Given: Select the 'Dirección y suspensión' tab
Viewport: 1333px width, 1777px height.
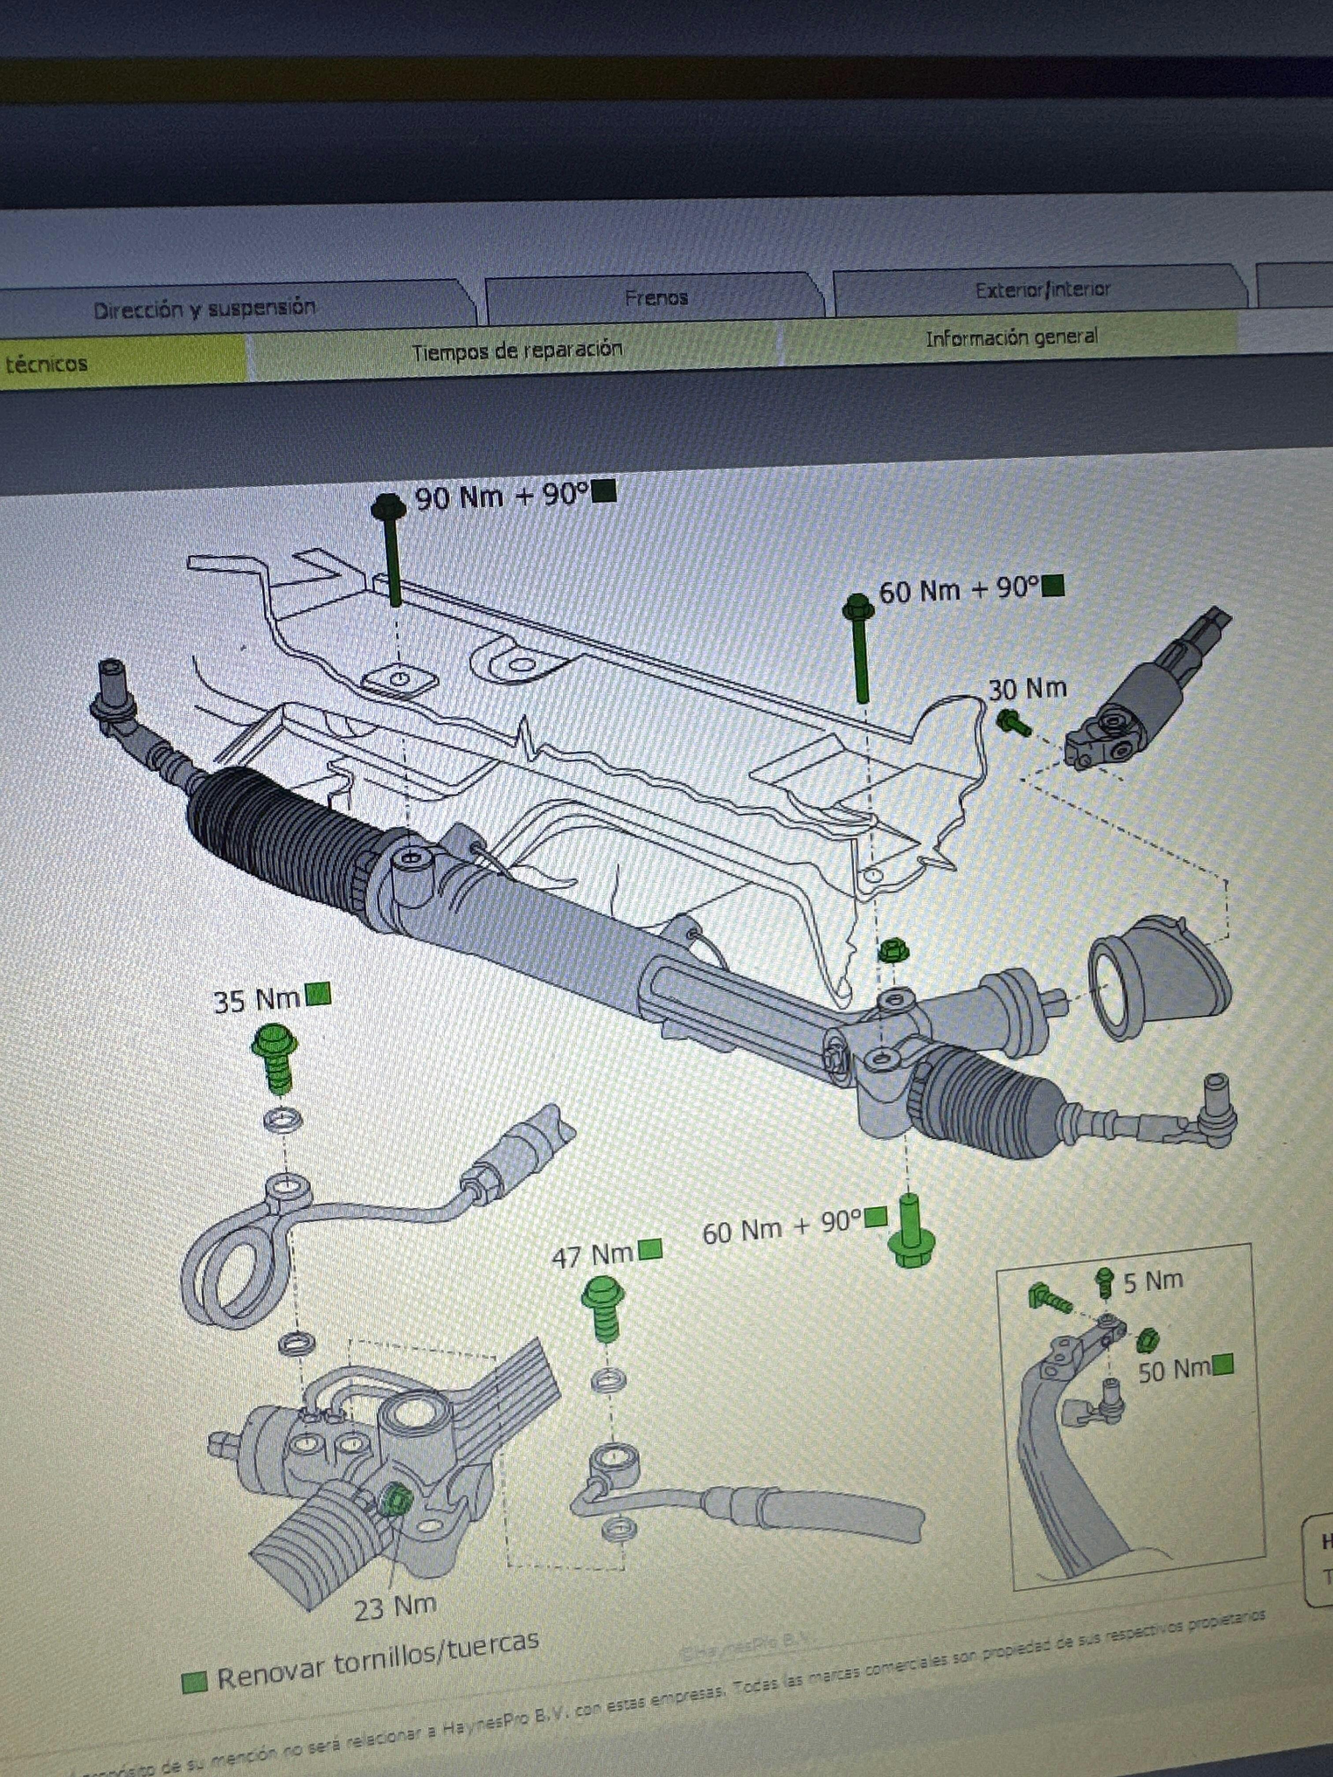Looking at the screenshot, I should (x=204, y=309).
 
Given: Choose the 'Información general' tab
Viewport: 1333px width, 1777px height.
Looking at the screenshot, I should (x=1011, y=338).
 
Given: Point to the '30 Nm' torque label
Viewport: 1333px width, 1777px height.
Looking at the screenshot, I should (x=1027, y=688).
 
